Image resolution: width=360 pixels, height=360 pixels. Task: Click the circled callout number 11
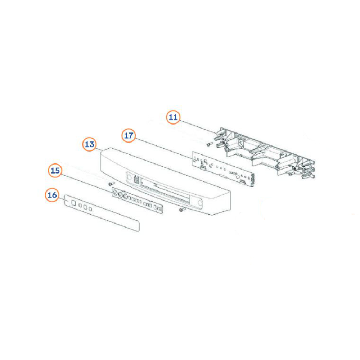173,117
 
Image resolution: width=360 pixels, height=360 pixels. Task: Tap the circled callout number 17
129,135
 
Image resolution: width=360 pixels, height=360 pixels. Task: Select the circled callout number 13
89,144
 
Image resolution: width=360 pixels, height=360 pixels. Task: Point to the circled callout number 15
55,171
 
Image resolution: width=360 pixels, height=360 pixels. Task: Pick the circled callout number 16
52,195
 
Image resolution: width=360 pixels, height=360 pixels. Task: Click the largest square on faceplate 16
74,203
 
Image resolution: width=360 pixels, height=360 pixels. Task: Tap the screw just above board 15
112,184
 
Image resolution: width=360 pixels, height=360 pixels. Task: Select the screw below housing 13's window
182,210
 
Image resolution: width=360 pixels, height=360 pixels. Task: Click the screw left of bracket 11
210,144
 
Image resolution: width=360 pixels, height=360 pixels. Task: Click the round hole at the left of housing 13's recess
129,177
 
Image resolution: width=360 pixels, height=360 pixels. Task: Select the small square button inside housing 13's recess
136,179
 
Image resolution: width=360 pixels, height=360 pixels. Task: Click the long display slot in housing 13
165,190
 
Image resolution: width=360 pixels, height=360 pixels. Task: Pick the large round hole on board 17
238,177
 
